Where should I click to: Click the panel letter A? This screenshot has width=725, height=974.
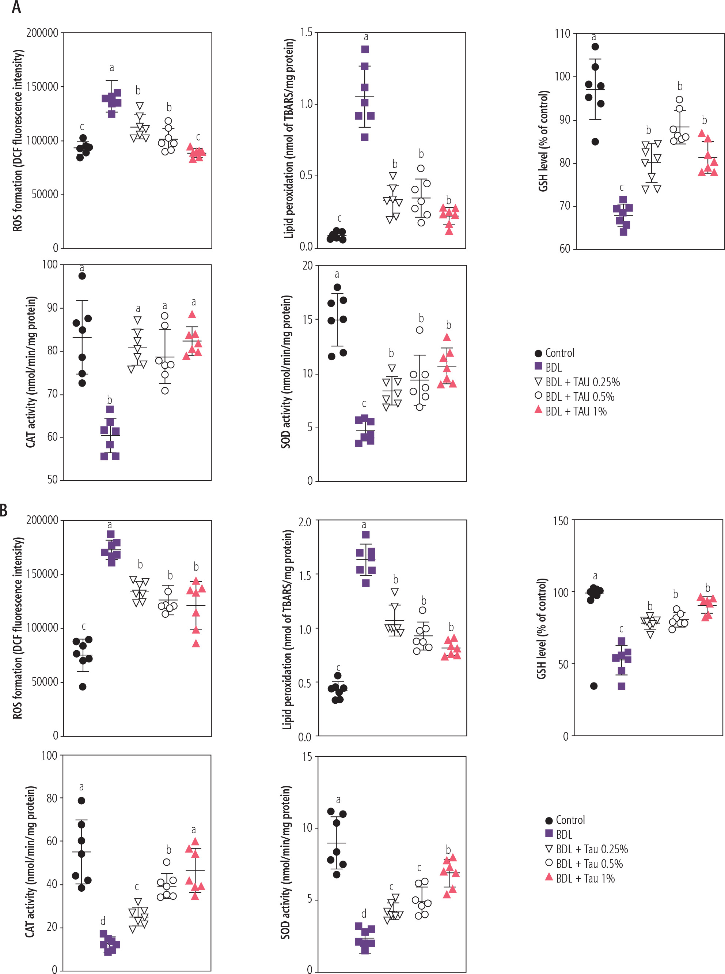click(x=16, y=7)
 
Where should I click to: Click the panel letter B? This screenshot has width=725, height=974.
click(x=4, y=511)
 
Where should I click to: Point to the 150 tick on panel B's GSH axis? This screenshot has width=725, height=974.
click(x=561, y=521)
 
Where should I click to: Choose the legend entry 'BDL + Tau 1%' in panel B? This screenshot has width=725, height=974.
click(x=580, y=879)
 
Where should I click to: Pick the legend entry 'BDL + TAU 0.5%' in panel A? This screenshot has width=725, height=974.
click(x=574, y=397)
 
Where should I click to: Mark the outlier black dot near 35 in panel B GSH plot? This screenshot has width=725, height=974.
click(x=594, y=686)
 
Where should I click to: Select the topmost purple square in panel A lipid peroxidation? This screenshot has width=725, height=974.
click(x=365, y=49)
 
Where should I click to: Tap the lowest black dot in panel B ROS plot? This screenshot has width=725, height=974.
click(x=83, y=687)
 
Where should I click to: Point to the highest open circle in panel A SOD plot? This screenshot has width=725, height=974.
click(x=420, y=330)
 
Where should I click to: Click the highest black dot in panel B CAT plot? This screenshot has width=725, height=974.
click(x=81, y=801)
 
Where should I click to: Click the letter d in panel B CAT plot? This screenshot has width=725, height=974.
click(x=103, y=921)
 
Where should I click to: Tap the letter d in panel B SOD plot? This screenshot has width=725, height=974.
click(x=364, y=914)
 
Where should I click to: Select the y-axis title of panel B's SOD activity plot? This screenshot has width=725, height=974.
click(x=286, y=863)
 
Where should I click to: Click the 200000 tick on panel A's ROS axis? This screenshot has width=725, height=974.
click(x=42, y=33)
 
